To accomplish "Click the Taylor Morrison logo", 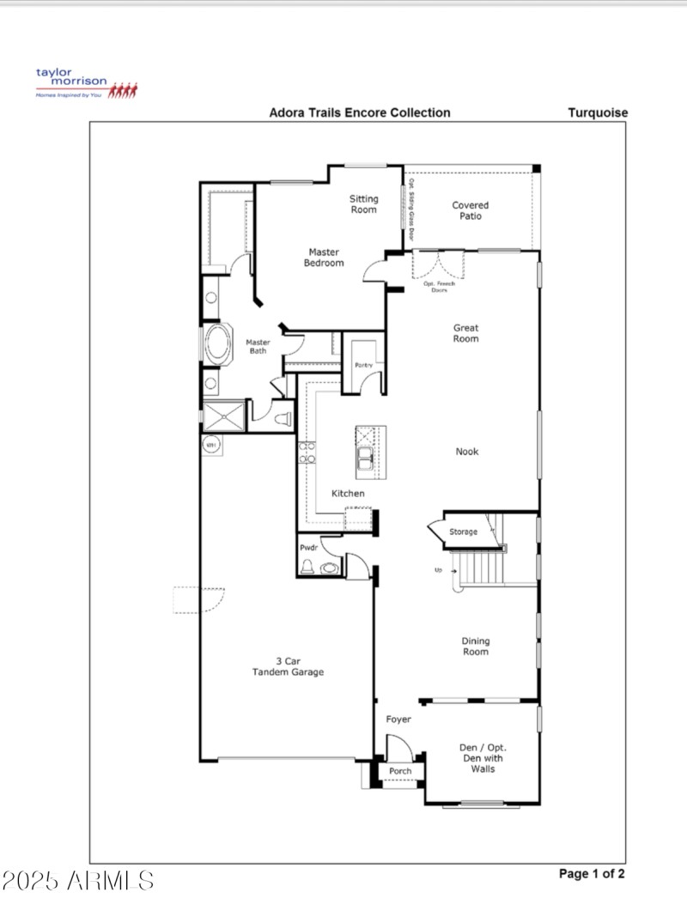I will [x=85, y=84].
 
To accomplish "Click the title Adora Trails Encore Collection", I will [x=359, y=112].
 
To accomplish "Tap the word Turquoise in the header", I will [x=597, y=112].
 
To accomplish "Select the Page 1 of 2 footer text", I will [x=592, y=874].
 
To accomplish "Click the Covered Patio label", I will [x=470, y=210].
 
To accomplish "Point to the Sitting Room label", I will [x=363, y=204].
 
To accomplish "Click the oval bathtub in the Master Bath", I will [x=218, y=345].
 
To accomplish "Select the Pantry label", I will [x=363, y=366].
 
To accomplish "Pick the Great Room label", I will [x=466, y=333].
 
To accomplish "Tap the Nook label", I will [x=467, y=452].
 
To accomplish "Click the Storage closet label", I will [x=463, y=532].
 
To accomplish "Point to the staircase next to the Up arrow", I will [x=481, y=567].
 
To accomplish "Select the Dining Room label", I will [x=475, y=646].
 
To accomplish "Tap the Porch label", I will [x=400, y=771].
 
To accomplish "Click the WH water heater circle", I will [x=210, y=445].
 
